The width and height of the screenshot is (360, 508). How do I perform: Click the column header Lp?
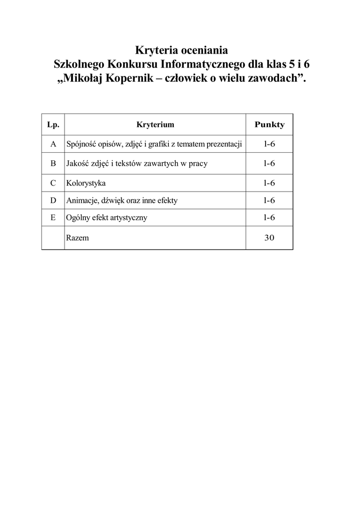click(53, 125)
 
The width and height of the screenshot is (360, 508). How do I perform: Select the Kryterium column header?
click(155, 125)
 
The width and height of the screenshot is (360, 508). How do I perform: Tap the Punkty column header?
click(269, 125)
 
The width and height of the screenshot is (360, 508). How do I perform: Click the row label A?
click(53, 144)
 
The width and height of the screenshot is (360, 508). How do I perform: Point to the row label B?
click(53, 163)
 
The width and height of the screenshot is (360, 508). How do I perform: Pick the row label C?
click(53, 183)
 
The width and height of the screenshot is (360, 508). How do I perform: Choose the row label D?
click(53, 200)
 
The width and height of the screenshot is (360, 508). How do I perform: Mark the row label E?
click(53, 217)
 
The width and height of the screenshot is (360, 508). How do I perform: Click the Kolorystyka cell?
click(85, 183)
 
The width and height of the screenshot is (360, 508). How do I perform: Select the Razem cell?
click(77, 238)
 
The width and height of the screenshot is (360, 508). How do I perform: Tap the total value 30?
click(269, 238)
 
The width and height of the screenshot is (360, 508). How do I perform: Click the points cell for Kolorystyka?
click(269, 183)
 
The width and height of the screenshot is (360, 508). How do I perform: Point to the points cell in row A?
click(269, 144)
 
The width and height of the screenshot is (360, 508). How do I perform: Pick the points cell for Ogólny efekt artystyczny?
click(269, 217)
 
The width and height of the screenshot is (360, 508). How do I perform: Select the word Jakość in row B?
click(77, 163)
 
